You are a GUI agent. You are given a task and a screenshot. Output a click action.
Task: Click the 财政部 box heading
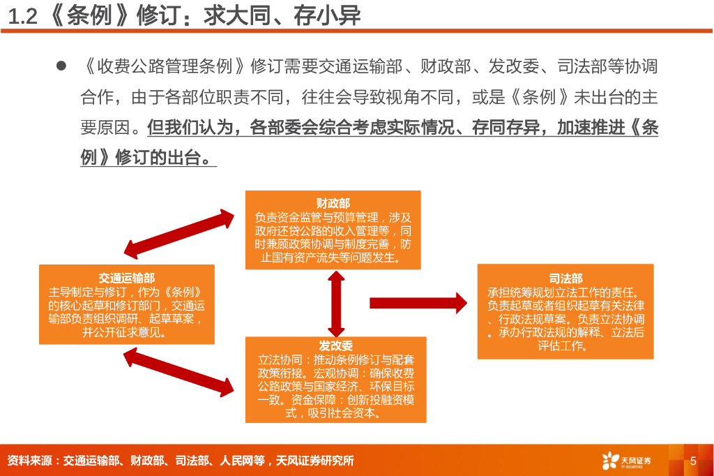[333, 203]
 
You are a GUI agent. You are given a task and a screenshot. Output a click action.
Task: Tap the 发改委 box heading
[335, 345]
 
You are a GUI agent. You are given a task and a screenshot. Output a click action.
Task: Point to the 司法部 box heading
[565, 278]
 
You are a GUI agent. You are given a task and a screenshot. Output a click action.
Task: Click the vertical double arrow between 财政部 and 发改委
[336, 303]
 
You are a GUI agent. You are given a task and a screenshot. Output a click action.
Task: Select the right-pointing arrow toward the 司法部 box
[418, 302]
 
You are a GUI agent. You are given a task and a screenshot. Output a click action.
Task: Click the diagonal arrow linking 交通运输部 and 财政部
[179, 234]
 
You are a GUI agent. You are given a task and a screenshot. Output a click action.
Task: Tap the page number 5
[693, 461]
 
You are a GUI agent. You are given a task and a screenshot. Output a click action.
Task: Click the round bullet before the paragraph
[61, 67]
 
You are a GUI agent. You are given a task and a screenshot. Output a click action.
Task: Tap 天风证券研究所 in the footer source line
[315, 461]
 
